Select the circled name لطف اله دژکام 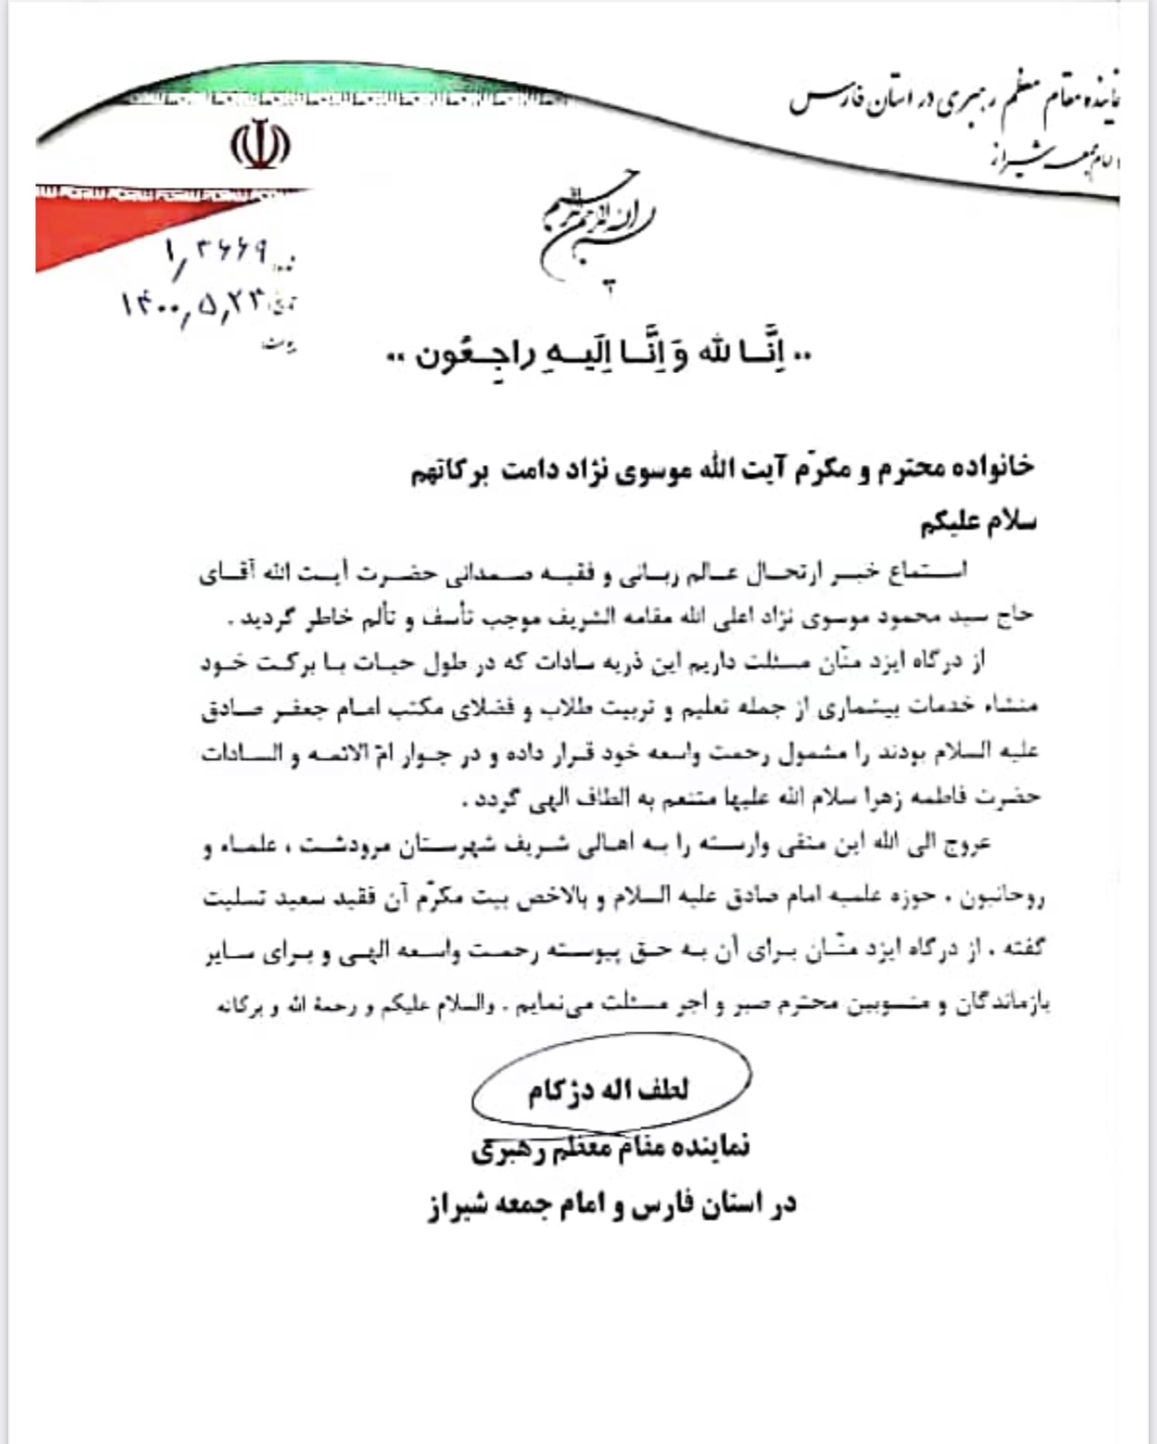tap(609, 1089)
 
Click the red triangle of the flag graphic tap(117, 225)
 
